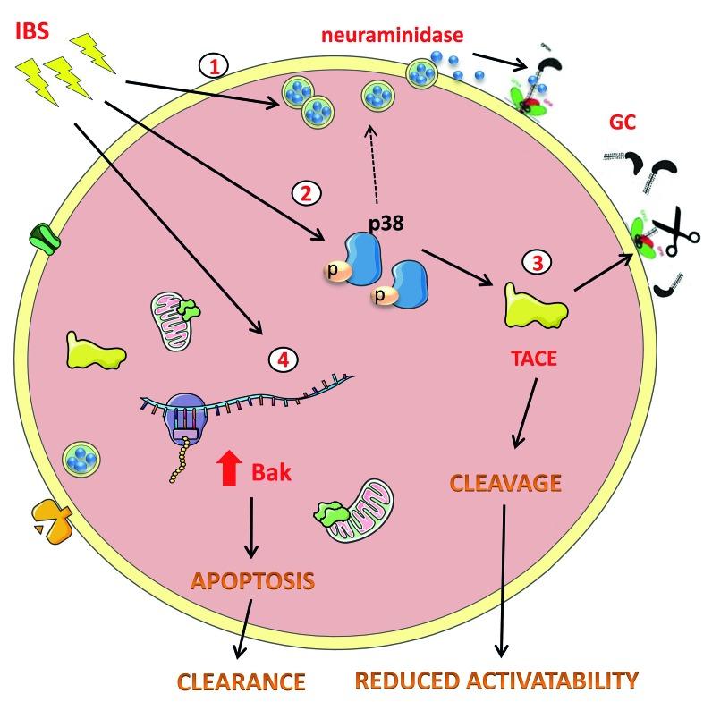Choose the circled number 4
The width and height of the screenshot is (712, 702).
pos(282,359)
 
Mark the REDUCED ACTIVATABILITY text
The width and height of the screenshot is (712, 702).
pos(497,680)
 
